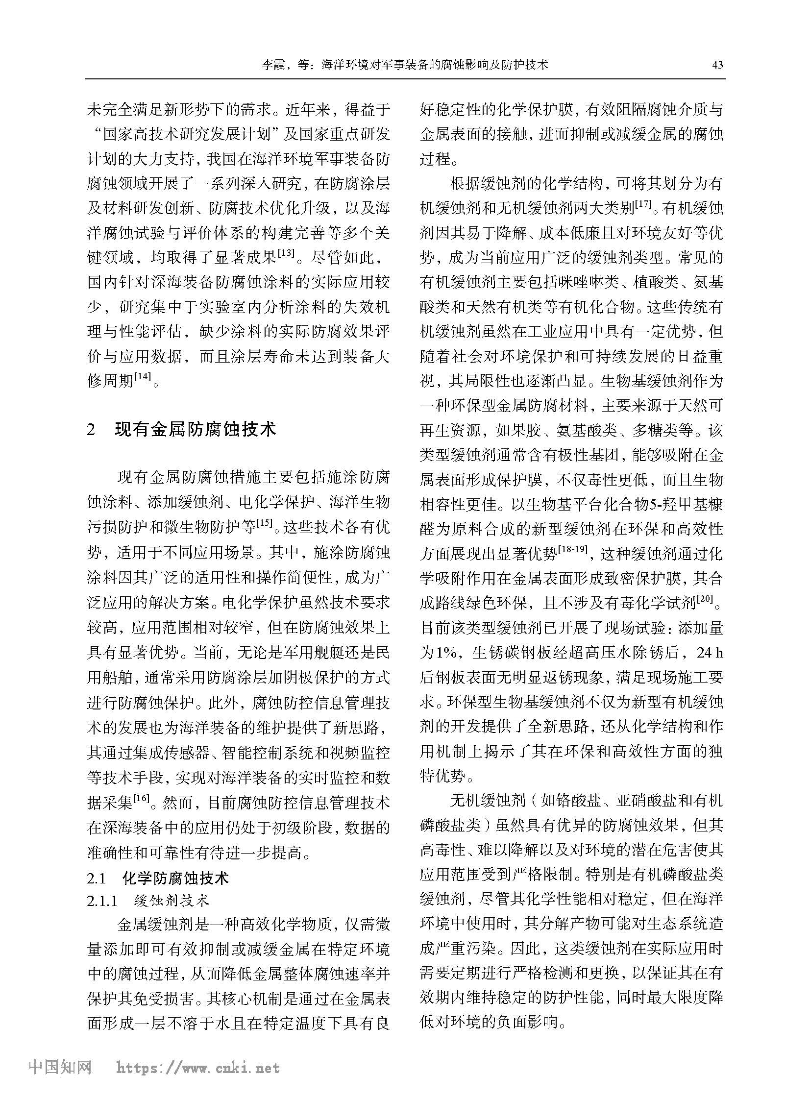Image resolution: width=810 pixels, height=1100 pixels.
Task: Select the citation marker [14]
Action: [x=143, y=376]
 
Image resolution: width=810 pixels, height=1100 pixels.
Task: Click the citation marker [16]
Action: [x=142, y=798]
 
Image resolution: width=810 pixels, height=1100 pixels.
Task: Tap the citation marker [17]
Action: [x=643, y=205]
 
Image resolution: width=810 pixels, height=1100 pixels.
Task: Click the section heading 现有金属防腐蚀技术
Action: [x=196, y=429]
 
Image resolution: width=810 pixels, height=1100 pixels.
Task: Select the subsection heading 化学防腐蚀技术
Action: [x=175, y=878]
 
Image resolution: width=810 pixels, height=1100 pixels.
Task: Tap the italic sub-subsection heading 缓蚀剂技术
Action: [x=172, y=901]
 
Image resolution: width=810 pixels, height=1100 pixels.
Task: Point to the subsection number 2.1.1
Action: [x=102, y=902]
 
